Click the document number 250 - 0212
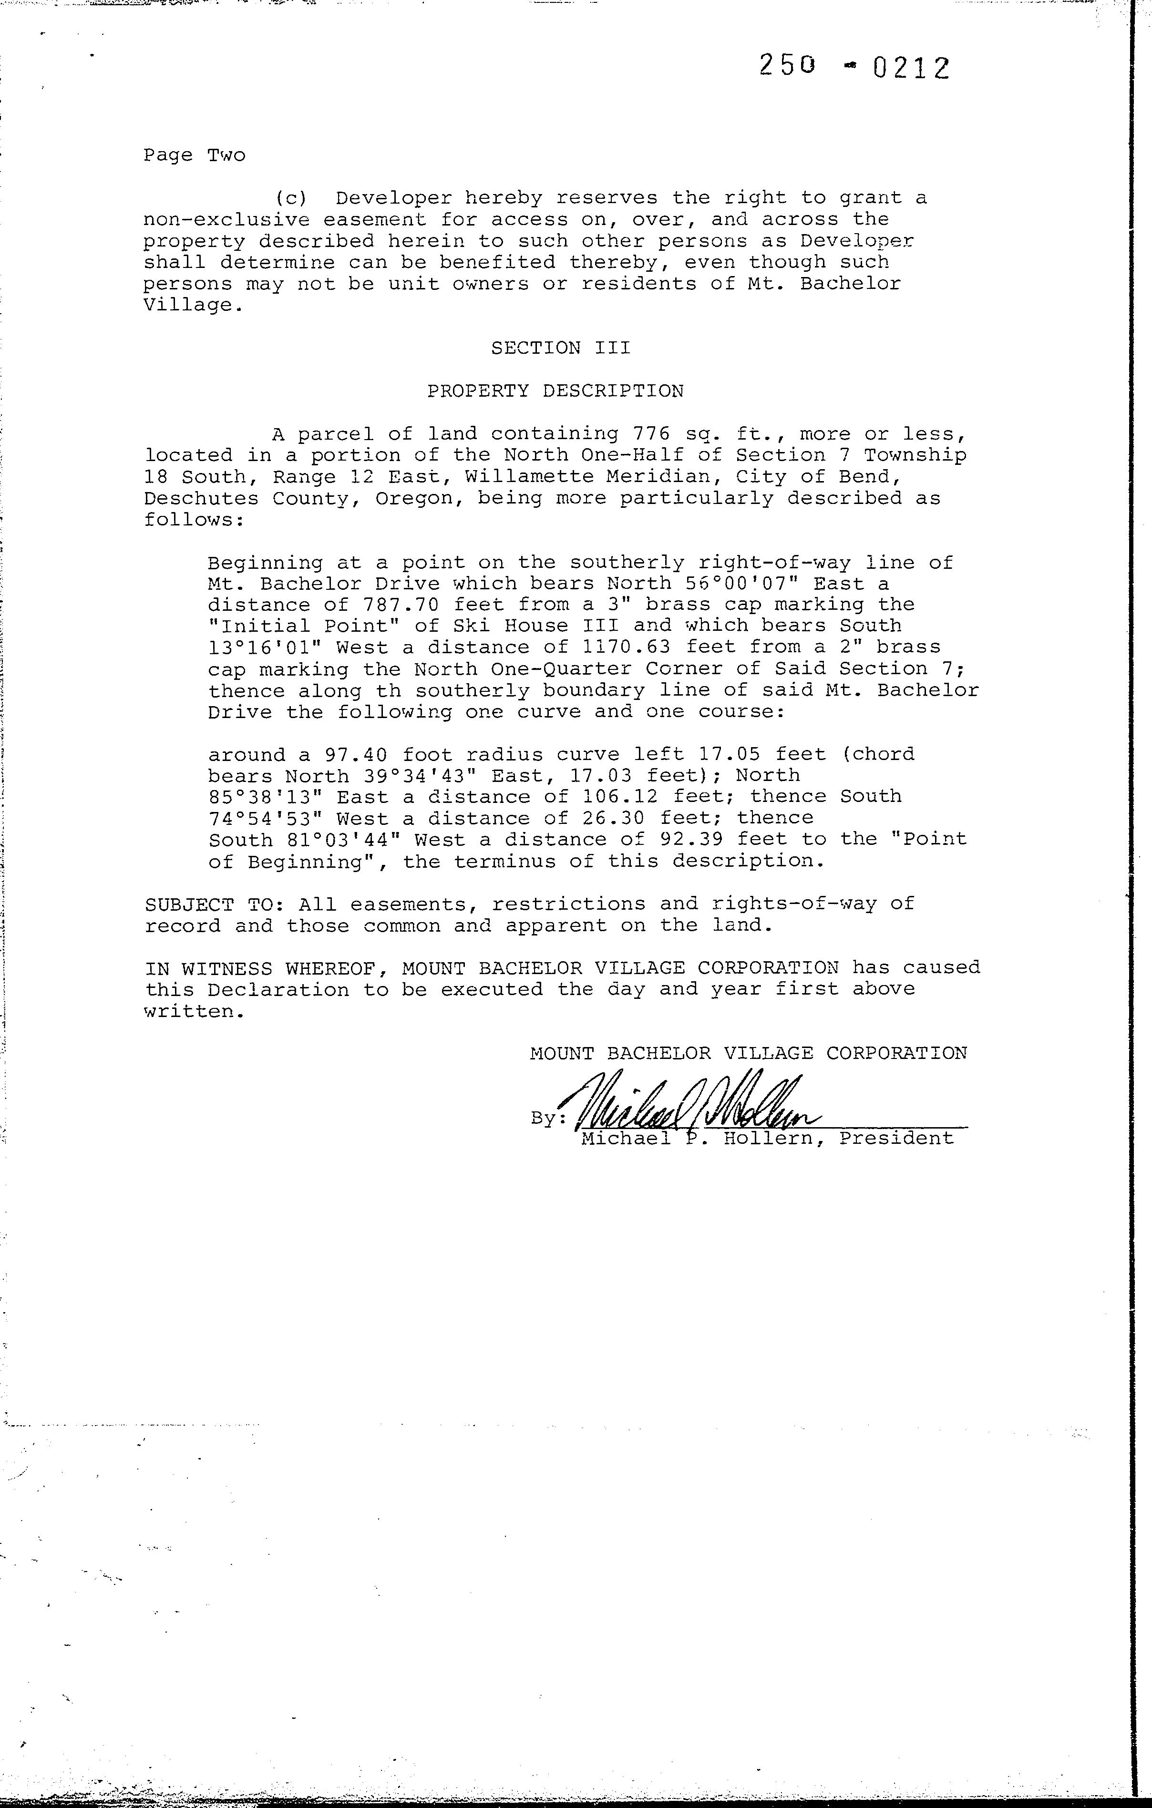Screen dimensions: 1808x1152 tap(854, 68)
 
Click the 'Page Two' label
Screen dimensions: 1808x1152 tap(195, 155)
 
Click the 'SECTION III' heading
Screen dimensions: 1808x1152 tap(560, 348)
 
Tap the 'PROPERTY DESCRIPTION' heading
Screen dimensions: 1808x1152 tap(555, 391)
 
